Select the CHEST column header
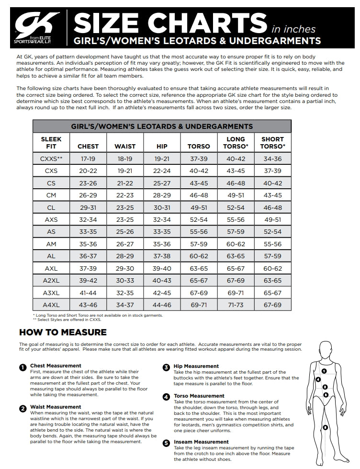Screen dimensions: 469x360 (x=88, y=146)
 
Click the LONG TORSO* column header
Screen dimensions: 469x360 (x=235, y=143)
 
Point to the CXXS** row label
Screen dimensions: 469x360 (x=51, y=159)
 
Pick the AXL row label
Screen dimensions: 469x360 (x=51, y=268)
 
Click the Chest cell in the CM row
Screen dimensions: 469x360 (x=88, y=195)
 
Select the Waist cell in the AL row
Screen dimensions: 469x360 (x=125, y=256)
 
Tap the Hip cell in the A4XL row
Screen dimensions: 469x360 (x=162, y=305)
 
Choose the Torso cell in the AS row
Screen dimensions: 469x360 (x=199, y=232)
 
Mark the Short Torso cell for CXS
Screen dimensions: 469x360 (x=272, y=171)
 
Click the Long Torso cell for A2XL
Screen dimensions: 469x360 (x=235, y=281)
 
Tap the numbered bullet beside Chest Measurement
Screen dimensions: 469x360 (x=22, y=367)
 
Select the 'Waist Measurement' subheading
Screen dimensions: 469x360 (x=56, y=407)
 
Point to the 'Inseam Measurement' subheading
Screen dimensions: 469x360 (x=201, y=442)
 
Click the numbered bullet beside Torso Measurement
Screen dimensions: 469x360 (x=166, y=397)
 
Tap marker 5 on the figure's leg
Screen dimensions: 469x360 (x=326, y=427)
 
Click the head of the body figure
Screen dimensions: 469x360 (x=325, y=350)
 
